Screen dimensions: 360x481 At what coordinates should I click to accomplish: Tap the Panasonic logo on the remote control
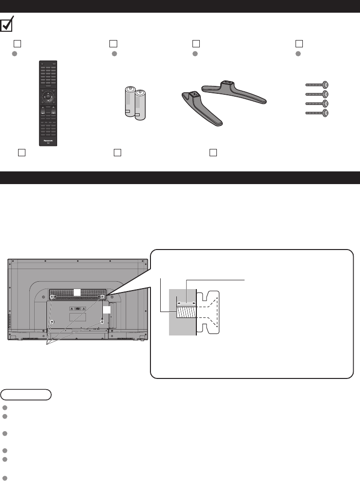click(48, 138)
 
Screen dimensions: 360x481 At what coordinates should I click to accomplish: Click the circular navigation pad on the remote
click(47, 96)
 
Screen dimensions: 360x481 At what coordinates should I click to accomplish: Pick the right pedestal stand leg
click(234, 91)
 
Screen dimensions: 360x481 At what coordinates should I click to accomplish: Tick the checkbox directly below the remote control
click(21, 152)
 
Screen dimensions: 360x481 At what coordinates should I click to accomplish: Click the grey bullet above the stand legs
click(195, 53)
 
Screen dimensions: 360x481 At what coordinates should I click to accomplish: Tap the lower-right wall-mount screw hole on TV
click(102, 321)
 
